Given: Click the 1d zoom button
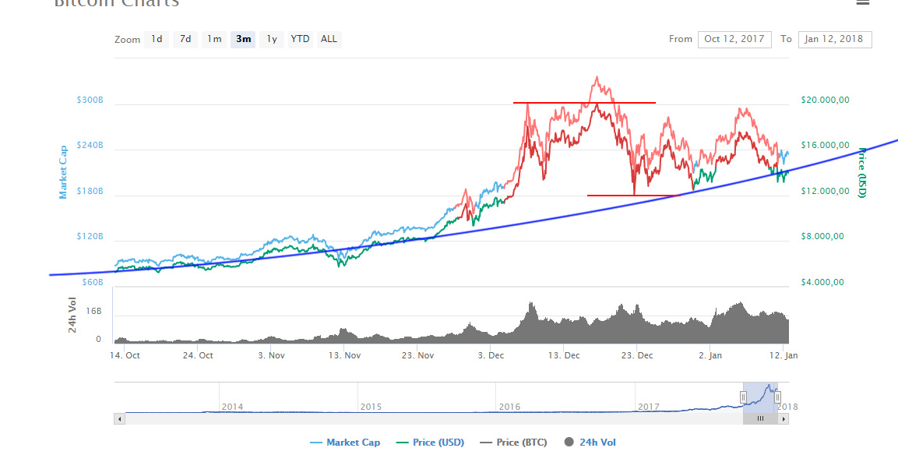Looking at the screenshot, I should click(x=157, y=39).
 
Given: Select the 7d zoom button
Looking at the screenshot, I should click(x=185, y=39).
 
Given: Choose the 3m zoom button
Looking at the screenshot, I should click(x=244, y=39).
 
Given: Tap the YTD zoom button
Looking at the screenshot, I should click(x=300, y=39).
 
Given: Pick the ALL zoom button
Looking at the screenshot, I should click(x=329, y=39).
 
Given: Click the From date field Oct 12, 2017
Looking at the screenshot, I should click(x=734, y=39).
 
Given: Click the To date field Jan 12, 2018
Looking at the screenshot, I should click(x=835, y=39).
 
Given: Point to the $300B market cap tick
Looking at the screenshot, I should click(x=90, y=101).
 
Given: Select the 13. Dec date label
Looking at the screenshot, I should click(x=564, y=355).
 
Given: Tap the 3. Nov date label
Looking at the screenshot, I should click(x=271, y=355).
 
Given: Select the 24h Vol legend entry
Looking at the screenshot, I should click(x=590, y=443).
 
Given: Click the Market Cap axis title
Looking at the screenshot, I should click(x=64, y=171).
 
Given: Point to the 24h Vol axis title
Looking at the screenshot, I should click(x=72, y=315).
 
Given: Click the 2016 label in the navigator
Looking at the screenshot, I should click(x=509, y=407).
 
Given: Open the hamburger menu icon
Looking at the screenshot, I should click(x=862, y=2).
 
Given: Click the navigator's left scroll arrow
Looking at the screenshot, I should click(x=119, y=418).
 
